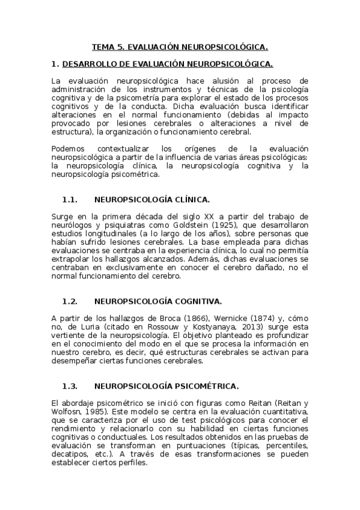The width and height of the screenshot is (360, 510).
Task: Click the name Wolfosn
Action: pyautogui.click(x=66, y=411)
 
